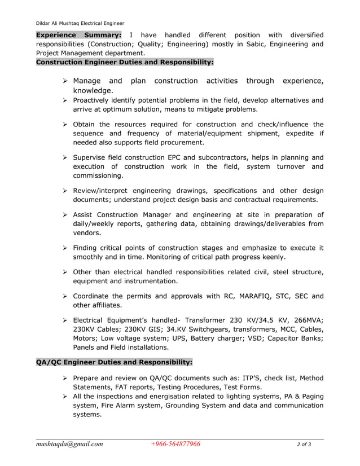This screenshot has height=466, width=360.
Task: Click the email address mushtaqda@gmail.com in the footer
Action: click(69, 444)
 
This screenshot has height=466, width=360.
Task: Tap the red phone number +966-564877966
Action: click(175, 444)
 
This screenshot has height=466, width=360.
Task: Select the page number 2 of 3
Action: click(304, 445)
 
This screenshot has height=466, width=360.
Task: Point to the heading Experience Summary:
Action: click(79, 34)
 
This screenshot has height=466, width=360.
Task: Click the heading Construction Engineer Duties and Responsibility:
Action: click(125, 61)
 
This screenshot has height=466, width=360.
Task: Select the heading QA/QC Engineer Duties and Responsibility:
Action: click(114, 362)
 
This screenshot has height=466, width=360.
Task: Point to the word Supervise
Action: click(91, 157)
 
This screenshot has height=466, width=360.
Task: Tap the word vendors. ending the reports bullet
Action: click(87, 233)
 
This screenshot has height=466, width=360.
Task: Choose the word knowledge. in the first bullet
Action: click(93, 91)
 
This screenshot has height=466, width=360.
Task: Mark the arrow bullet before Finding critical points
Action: click(65, 248)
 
